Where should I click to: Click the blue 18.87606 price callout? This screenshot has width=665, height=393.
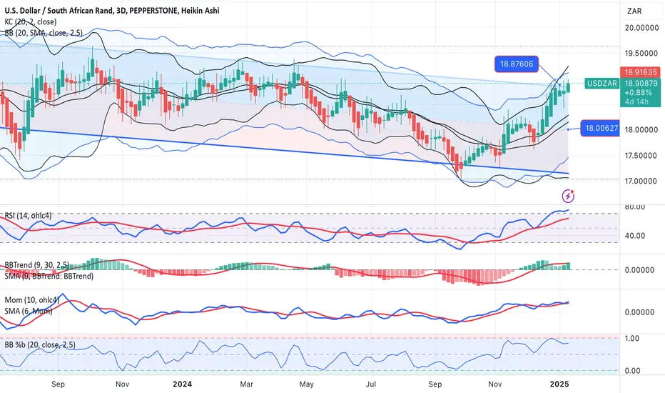pyautogui.click(x=517, y=64)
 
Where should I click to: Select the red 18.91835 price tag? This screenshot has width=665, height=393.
pyautogui.click(x=641, y=72)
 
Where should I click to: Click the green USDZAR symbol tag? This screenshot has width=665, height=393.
pyautogui.click(x=601, y=84)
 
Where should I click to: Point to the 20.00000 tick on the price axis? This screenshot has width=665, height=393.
pyautogui.click(x=641, y=28)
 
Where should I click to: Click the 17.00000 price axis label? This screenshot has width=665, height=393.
pyautogui.click(x=641, y=181)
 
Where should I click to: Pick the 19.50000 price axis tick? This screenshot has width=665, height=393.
pyautogui.click(x=641, y=53)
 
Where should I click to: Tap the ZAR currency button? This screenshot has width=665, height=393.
pyautogui.click(x=634, y=11)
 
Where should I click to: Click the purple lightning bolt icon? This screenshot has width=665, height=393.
pyautogui.click(x=568, y=196)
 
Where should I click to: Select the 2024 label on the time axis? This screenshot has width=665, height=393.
pyautogui.click(x=183, y=384)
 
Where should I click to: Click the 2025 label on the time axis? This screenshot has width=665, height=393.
pyautogui.click(x=559, y=384)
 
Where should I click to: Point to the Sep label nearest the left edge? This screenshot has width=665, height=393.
pyautogui.click(x=58, y=384)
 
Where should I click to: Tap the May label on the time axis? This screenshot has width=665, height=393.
pyautogui.click(x=306, y=384)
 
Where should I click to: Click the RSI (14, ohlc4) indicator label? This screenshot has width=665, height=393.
pyautogui.click(x=28, y=216)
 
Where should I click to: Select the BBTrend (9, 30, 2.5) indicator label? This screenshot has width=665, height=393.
pyautogui.click(x=37, y=265)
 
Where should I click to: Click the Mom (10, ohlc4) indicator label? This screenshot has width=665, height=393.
pyautogui.click(x=32, y=300)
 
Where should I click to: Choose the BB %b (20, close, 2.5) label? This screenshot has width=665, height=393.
pyautogui.click(x=40, y=344)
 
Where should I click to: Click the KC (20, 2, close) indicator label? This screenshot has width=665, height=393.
pyautogui.click(x=31, y=21)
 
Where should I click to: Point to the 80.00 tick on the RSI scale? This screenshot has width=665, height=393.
pyautogui.click(x=635, y=207)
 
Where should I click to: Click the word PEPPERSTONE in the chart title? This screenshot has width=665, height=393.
pyautogui.click(x=153, y=11)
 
